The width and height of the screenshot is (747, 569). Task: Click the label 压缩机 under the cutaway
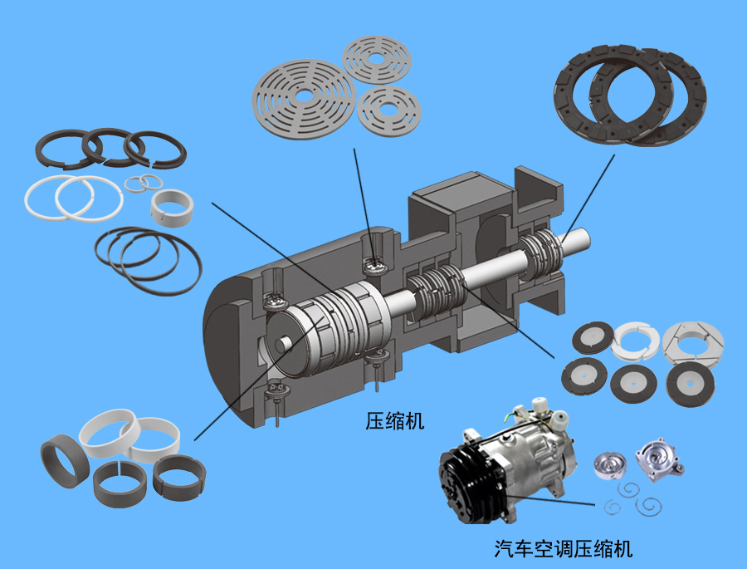394,420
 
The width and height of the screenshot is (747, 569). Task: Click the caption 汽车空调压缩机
563,548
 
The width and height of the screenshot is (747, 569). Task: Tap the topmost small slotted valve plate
376,60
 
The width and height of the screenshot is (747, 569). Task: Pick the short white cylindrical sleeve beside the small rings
172,208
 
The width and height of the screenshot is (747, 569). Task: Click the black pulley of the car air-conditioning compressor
469,484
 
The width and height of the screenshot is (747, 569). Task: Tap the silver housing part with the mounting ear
659,459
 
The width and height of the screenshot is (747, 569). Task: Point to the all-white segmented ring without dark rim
637,341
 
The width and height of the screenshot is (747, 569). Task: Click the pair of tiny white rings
144,183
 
